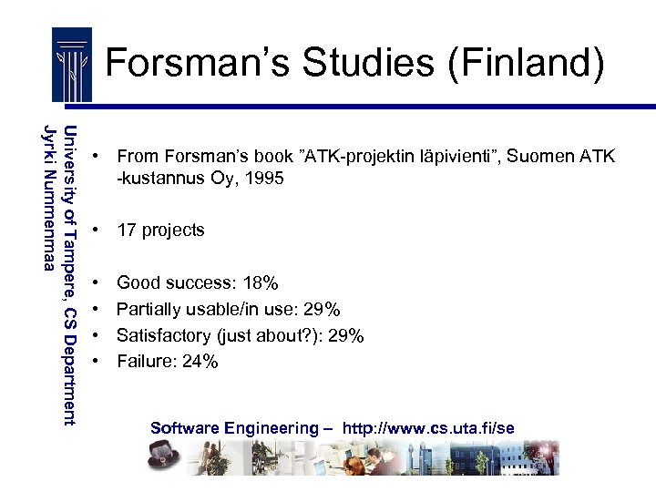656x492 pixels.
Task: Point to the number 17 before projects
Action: pyautogui.click(x=127, y=230)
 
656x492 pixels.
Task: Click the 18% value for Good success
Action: pyautogui.click(x=261, y=283)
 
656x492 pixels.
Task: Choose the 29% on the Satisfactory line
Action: pyautogui.click(x=346, y=335)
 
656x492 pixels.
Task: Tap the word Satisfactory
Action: pyautogui.click(x=162, y=335)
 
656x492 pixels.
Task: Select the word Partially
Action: pyautogui.click(x=149, y=310)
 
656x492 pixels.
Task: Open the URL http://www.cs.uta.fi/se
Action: pyautogui.click(x=428, y=427)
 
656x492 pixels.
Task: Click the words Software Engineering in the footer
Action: pyautogui.click(x=235, y=427)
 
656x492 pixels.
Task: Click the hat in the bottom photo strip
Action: pyautogui.click(x=169, y=454)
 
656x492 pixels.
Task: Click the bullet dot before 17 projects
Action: pyautogui.click(x=95, y=230)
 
